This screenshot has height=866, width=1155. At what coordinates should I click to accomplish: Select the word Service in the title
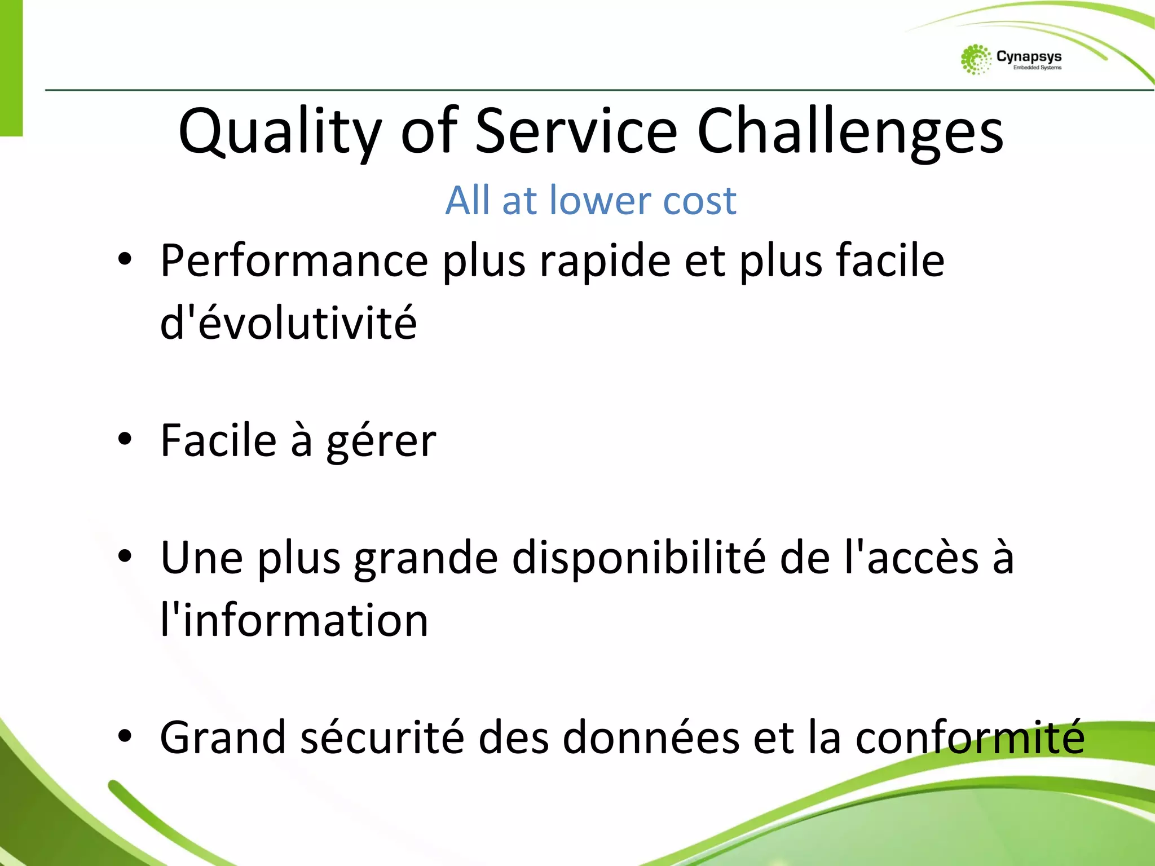(x=576, y=131)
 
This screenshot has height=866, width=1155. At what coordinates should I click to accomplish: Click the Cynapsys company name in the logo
(x=1029, y=56)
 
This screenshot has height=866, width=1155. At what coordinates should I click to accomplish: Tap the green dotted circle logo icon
(x=976, y=60)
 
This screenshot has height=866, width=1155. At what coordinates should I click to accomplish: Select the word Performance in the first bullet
(x=294, y=260)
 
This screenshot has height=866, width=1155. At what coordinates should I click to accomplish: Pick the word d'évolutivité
(x=288, y=322)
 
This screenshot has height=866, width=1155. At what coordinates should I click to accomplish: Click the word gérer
(x=381, y=442)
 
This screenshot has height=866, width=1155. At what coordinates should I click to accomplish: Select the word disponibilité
(x=639, y=558)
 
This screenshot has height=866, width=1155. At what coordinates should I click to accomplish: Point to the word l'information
(x=294, y=620)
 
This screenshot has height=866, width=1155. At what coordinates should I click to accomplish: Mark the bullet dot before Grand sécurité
(x=125, y=736)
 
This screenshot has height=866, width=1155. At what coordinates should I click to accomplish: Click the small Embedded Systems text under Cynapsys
(x=1037, y=68)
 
